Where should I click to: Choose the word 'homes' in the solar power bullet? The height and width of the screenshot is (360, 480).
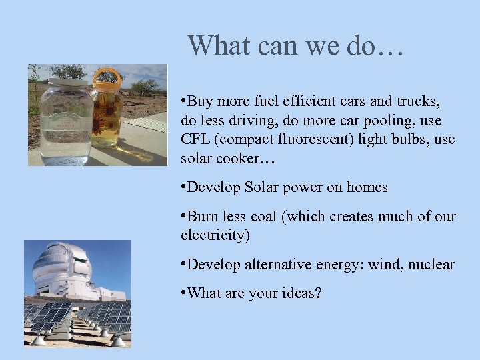click(x=367, y=187)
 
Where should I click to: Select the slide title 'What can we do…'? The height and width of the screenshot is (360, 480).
click(x=295, y=45)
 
